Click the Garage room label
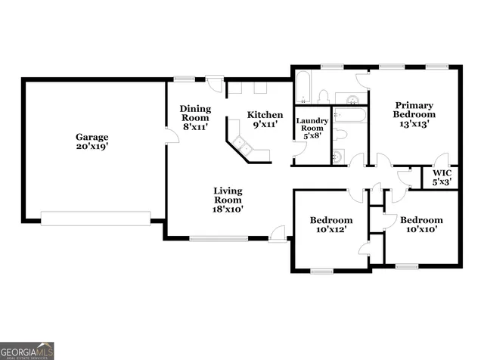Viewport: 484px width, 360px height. click(x=92, y=142)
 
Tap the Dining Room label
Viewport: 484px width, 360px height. click(x=195, y=118)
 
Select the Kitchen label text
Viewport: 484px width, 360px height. click(x=265, y=119)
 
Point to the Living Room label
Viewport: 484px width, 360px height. click(x=227, y=199)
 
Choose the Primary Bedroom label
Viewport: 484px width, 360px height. click(x=414, y=114)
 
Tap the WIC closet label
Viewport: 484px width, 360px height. click(x=442, y=177)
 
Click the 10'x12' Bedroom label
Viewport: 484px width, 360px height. click(x=330, y=225)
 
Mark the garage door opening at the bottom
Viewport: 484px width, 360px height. click(x=95, y=218)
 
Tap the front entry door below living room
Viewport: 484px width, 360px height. click(x=278, y=233)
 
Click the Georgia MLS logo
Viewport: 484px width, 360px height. click(x=27, y=351)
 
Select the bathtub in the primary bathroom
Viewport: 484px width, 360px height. click(x=303, y=88)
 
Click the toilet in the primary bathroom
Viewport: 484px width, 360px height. click(x=324, y=96)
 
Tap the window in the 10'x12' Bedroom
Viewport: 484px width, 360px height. click(x=321, y=270)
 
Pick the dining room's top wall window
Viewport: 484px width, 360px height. click(x=184, y=78)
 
